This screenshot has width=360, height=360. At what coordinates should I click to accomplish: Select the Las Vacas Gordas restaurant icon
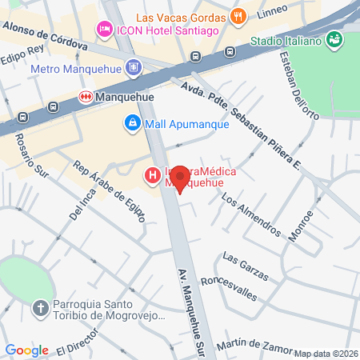tap(237, 16)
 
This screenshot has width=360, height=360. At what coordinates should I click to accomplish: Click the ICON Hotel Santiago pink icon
tap(103, 30)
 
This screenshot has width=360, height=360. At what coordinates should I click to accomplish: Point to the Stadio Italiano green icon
tap(334, 39)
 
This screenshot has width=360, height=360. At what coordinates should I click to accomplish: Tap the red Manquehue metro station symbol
tap(86, 96)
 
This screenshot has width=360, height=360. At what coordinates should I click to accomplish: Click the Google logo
tap(26, 350)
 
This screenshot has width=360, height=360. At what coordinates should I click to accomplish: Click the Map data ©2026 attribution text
tap(326, 354)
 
